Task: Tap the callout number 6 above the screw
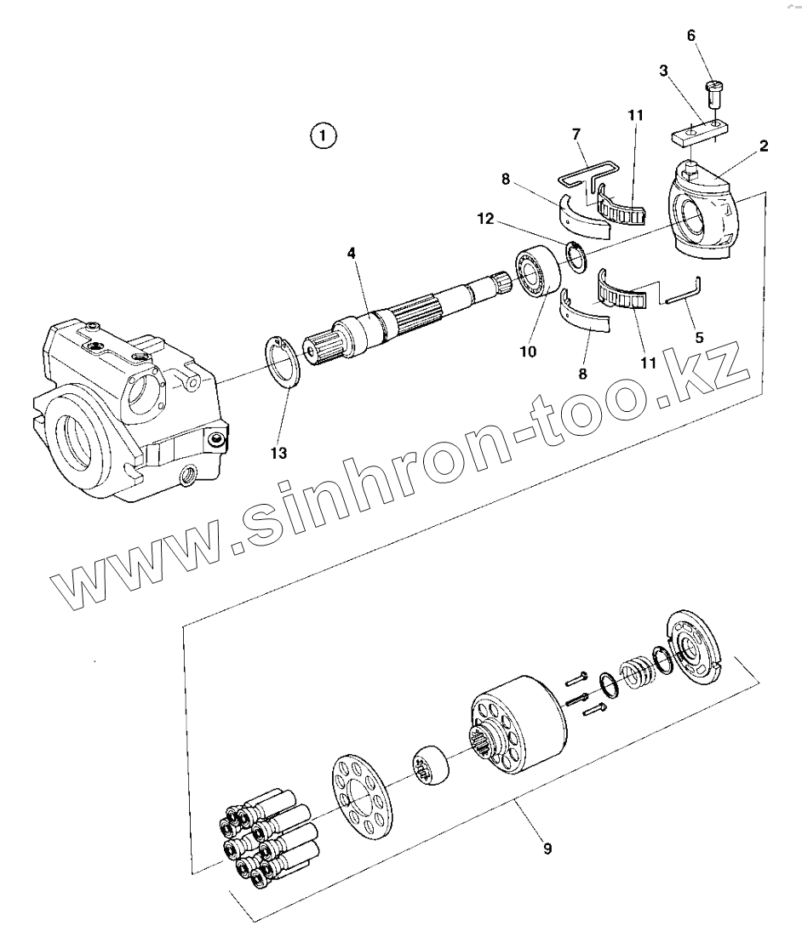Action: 691,36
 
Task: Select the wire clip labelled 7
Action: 587,176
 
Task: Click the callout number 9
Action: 547,848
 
